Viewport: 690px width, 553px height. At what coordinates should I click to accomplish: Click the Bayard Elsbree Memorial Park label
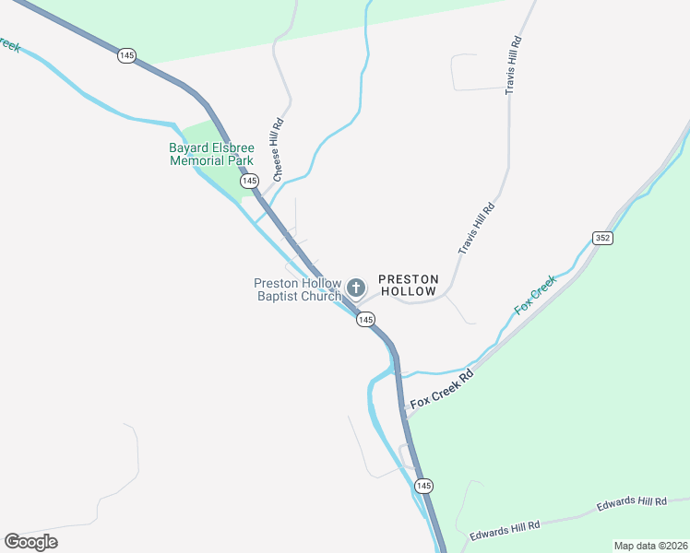210,154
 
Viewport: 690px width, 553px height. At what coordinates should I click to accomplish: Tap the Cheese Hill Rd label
278,147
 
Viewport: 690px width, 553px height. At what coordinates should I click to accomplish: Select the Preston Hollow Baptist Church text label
297,289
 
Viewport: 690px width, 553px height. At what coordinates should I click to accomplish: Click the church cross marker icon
356,288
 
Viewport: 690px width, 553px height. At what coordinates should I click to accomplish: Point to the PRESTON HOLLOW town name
408,285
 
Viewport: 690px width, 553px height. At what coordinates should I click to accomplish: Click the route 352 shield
602,238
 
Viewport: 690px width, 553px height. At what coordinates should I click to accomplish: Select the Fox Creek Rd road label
442,389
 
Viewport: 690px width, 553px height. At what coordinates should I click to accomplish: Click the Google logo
30,542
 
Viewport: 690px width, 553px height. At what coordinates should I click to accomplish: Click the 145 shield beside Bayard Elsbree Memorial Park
248,182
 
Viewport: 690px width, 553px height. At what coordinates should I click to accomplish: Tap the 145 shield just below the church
365,319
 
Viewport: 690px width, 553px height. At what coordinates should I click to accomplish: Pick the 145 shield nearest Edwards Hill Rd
423,486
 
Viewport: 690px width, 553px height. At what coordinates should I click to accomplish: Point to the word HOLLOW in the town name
408,291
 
